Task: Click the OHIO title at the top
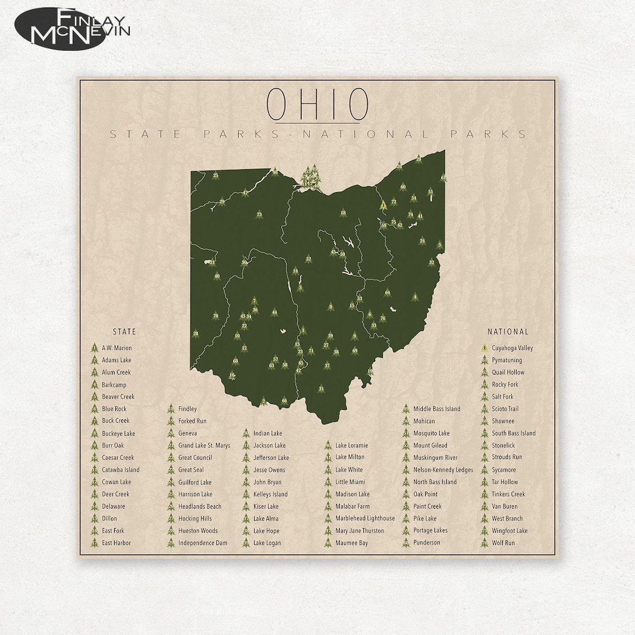(317, 103)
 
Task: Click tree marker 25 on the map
(216, 175)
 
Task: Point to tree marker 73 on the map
(259, 215)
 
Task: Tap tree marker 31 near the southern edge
(321, 389)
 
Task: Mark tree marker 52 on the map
(308, 259)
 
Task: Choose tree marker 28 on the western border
(196, 333)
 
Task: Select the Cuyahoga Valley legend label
(512, 348)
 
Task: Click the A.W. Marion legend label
(116, 348)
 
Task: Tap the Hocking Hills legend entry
(195, 519)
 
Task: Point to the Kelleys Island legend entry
(270, 494)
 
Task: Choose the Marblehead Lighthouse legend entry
(365, 519)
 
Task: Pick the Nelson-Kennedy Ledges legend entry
(443, 470)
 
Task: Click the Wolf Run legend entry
(503, 543)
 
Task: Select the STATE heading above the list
(124, 332)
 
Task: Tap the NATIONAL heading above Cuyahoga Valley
(508, 332)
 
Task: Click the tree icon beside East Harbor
(93, 543)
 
